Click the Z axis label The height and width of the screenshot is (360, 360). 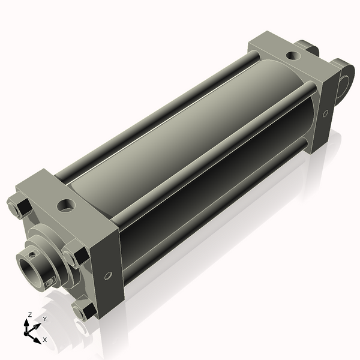[x=29, y=315]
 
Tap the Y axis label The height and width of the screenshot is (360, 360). [x=44, y=319]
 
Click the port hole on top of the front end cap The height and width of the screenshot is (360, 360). [x=65, y=207]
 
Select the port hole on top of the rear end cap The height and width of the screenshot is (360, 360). [x=293, y=56]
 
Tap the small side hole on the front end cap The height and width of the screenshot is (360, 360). [x=108, y=276]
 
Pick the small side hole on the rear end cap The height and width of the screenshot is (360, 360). [x=325, y=113]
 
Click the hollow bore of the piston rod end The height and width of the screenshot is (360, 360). [x=28, y=262]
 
